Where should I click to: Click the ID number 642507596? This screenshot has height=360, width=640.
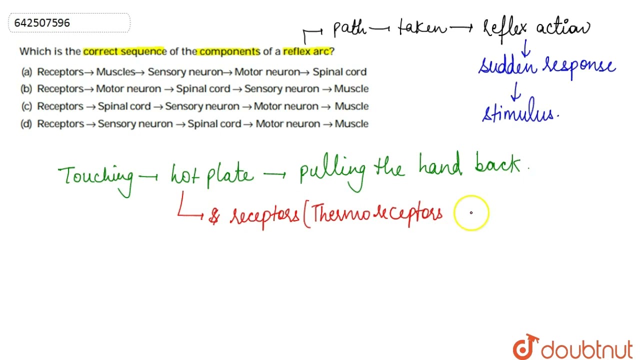[42, 23]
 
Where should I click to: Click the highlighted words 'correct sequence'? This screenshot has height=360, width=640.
[124, 51]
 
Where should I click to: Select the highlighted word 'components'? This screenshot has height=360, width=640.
[229, 51]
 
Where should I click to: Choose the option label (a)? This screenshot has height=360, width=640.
[27, 72]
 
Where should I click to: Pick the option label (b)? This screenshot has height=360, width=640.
[27, 89]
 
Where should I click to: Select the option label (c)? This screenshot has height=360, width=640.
[27, 106]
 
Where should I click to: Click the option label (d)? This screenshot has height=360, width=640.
[27, 124]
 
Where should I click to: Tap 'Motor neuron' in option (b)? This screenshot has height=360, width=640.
[128, 89]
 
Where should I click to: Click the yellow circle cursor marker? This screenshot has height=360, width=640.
[471, 213]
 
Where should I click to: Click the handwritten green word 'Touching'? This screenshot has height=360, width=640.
[95, 176]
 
